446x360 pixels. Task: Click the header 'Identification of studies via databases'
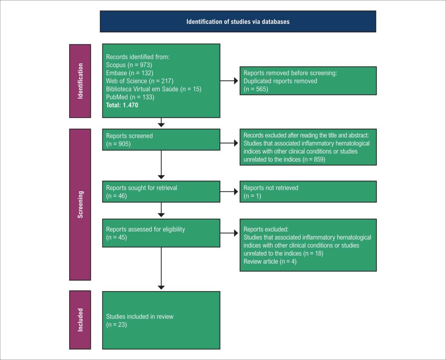[238, 22]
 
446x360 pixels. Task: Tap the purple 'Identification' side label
[80, 81]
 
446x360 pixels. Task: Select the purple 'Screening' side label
[80, 204]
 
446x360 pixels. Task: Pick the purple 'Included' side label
[80, 320]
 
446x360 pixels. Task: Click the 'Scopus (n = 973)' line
[129, 65]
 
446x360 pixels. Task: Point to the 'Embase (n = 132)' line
[129, 73]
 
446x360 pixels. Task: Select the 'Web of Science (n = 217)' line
[140, 81]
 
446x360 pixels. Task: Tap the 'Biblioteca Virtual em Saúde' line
[154, 89]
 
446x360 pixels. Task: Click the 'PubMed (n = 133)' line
[130, 97]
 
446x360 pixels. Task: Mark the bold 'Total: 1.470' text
[122, 105]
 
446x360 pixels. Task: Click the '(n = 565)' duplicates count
[256, 89]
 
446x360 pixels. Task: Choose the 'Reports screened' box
[161, 140]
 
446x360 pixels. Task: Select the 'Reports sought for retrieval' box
[161, 191]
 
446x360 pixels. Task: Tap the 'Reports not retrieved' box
[308, 191]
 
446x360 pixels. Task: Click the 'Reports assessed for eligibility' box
[161, 233]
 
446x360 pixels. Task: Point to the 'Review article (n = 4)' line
[270, 262]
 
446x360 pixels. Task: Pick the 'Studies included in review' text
[140, 316]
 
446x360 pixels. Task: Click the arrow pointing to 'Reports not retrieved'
[229, 191]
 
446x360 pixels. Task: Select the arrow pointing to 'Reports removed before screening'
[229, 81]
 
